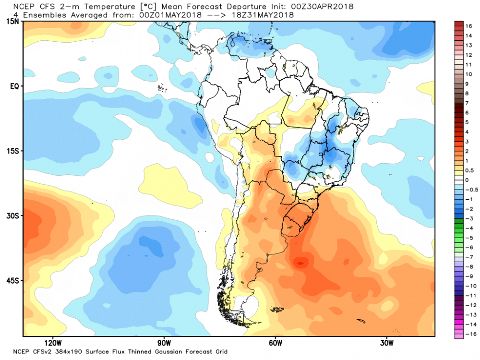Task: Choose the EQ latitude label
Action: tap(14, 86)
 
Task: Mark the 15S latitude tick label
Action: tap(13, 151)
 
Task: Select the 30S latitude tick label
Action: tap(13, 216)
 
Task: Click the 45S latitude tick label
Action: tap(13, 280)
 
